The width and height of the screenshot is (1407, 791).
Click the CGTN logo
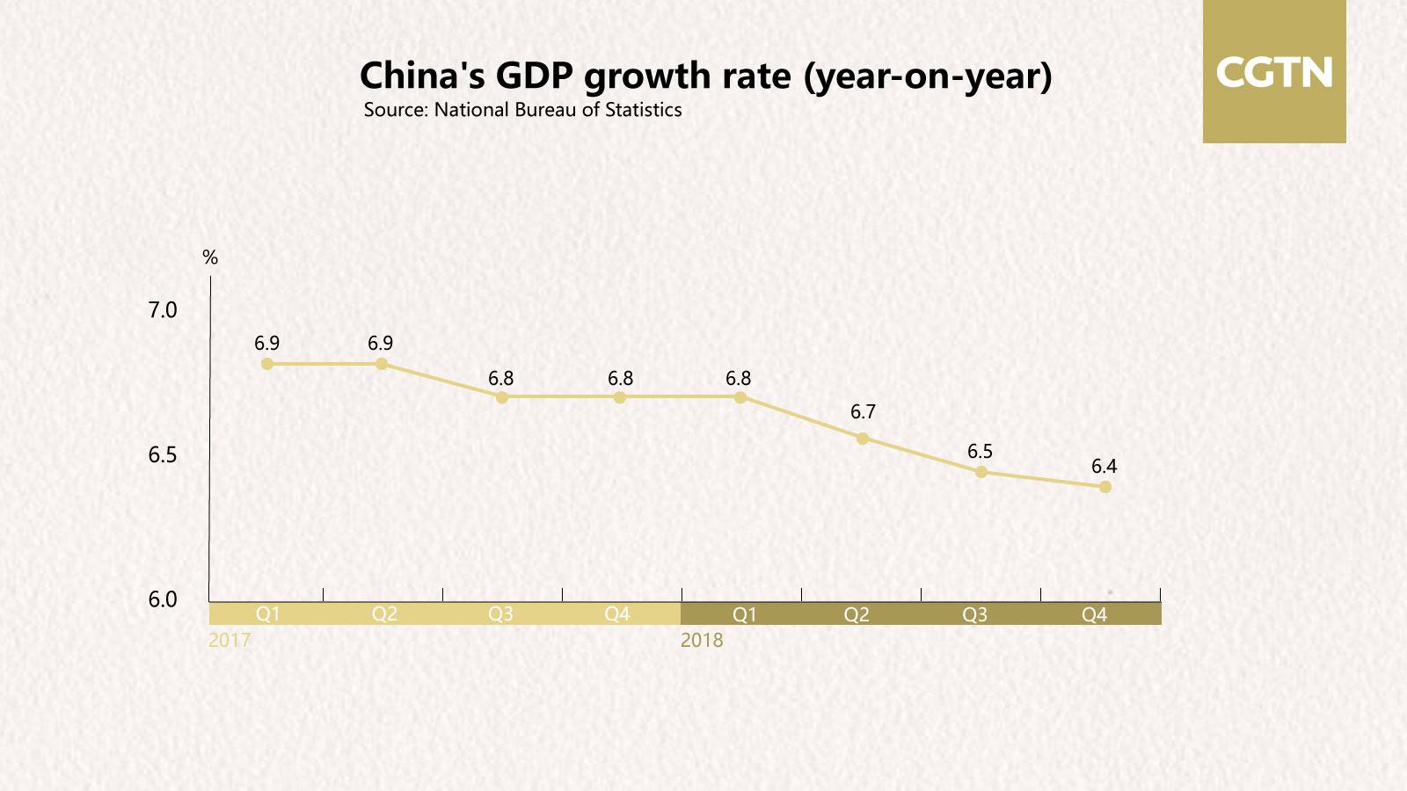pyautogui.click(x=1274, y=72)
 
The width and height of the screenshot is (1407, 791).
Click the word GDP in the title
pyautogui.click(x=535, y=76)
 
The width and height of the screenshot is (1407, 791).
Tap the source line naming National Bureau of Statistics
pyautogui.click(x=522, y=110)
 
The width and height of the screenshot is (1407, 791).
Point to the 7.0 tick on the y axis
pyautogui.click(x=163, y=310)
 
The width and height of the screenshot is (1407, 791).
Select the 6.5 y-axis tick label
pyautogui.click(x=163, y=455)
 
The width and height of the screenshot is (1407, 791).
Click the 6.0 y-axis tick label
pyautogui.click(x=163, y=599)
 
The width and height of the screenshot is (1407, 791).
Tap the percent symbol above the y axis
pyautogui.click(x=210, y=258)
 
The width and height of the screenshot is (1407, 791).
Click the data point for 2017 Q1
pyautogui.click(x=267, y=364)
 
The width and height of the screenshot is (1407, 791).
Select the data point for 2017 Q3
pyautogui.click(x=502, y=397)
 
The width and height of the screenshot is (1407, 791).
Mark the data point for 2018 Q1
pyautogui.click(x=740, y=397)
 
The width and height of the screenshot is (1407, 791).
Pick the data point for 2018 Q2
pyautogui.click(x=863, y=438)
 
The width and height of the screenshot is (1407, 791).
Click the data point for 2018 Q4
pyautogui.click(x=1105, y=487)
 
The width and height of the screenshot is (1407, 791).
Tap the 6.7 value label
pyautogui.click(x=863, y=412)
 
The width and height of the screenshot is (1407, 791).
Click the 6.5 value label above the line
pyautogui.click(x=980, y=452)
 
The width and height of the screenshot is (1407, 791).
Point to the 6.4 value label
pyautogui.click(x=1104, y=467)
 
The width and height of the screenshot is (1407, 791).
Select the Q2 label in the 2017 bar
pyautogui.click(x=384, y=614)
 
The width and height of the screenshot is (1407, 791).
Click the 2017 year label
pyautogui.click(x=230, y=640)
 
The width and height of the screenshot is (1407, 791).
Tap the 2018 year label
pyautogui.click(x=702, y=640)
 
